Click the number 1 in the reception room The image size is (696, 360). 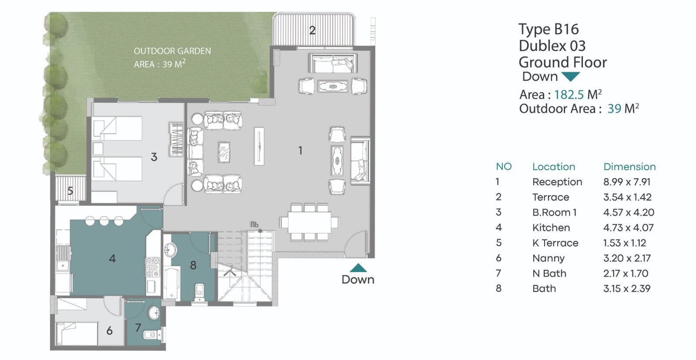tap(300, 150)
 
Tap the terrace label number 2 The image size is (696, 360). tap(312, 30)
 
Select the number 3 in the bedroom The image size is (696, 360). tap(154, 157)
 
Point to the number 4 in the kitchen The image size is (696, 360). tap(112, 258)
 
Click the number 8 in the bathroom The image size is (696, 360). tap(193, 265)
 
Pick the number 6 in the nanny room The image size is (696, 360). tap(109, 331)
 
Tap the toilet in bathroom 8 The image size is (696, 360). tap(199, 292)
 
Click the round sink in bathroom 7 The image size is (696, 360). tap(154, 313)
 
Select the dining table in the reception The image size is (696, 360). tap(309, 222)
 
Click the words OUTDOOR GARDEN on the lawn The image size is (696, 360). tap(172, 51)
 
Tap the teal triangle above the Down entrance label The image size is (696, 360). tap(358, 268)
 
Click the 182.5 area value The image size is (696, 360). tap(569, 94)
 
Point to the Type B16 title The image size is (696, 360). tap(549, 30)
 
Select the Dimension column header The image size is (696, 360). tap(629, 167)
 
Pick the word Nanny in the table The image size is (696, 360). tap(549, 258)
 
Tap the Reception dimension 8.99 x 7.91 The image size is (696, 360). tap(627, 182)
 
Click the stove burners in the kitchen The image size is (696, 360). tap(153, 267)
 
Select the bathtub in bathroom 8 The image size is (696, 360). tap(172, 283)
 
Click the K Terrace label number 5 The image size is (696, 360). tap(70, 191)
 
